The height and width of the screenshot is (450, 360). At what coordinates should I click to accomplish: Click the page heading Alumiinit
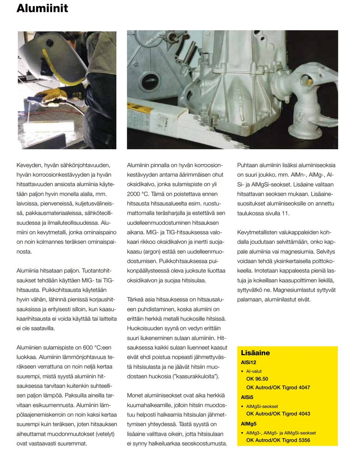click(42, 8)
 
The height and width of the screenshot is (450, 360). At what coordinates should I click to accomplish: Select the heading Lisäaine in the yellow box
click(255, 353)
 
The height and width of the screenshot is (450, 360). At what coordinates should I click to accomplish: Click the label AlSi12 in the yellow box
click(249, 363)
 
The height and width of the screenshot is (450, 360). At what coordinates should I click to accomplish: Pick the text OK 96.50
click(257, 379)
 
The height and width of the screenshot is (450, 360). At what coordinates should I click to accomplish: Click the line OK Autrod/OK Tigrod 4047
click(278, 387)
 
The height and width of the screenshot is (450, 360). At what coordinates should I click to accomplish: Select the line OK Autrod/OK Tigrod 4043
click(278, 414)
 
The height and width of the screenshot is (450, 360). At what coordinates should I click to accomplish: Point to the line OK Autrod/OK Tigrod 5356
click(278, 440)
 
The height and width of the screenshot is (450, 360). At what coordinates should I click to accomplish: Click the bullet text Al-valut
click(254, 371)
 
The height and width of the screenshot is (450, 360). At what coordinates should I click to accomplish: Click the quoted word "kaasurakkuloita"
click(195, 376)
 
